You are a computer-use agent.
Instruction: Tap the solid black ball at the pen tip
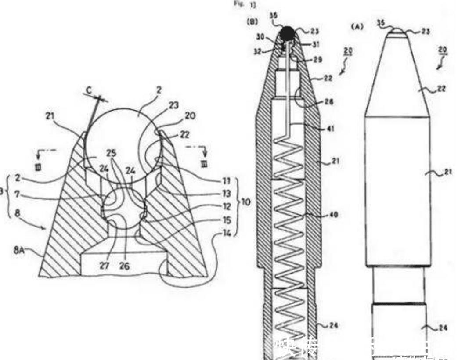pyautogui.click(x=287, y=33)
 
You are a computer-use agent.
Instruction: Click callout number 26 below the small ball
pyautogui.click(x=124, y=266)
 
